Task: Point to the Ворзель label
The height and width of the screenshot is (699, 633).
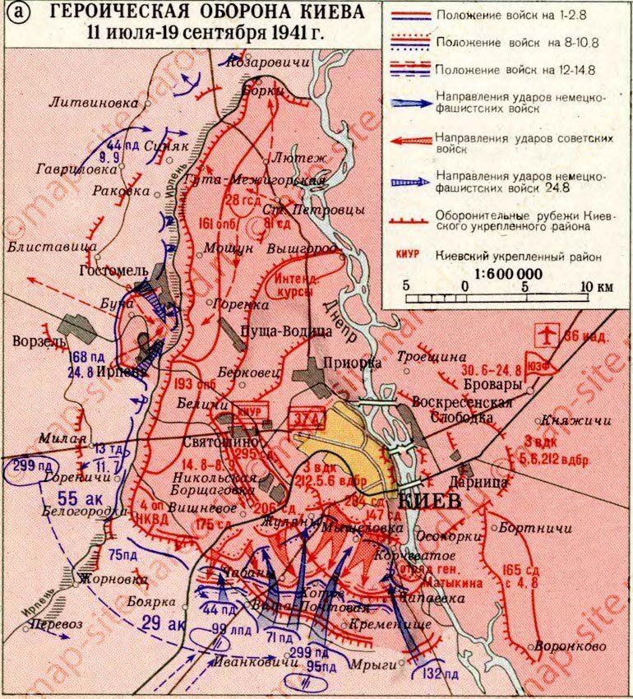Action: [x=35, y=340]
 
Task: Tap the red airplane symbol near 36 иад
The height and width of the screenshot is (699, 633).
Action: [x=545, y=336]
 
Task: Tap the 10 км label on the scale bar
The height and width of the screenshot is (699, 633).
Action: [x=595, y=286]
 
